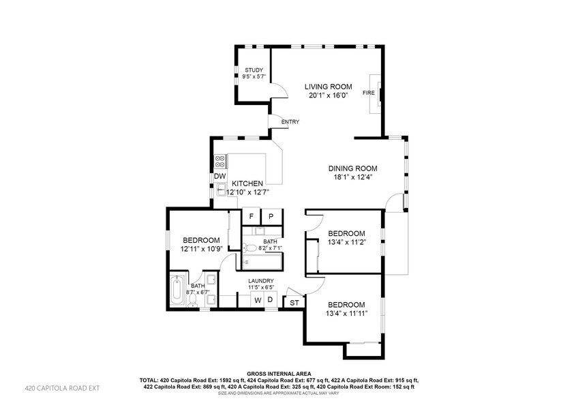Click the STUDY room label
[x=254, y=70]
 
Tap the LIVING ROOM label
[x=328, y=87]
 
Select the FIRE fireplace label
[x=368, y=93]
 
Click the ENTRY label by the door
[x=290, y=123]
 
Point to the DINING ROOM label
[x=352, y=168]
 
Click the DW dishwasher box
[x=219, y=176]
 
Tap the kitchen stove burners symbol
[x=220, y=162]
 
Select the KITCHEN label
[x=247, y=184]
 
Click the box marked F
[x=252, y=216]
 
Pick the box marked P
[x=271, y=216]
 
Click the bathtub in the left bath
[x=177, y=291]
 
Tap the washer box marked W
[x=258, y=300]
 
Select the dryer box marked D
[x=269, y=300]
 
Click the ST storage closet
[x=294, y=302]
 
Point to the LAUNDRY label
[x=261, y=281]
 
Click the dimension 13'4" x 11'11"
[x=348, y=314]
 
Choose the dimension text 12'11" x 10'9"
[x=201, y=250]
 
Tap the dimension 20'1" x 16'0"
[x=328, y=96]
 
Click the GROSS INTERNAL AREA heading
[x=280, y=374]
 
